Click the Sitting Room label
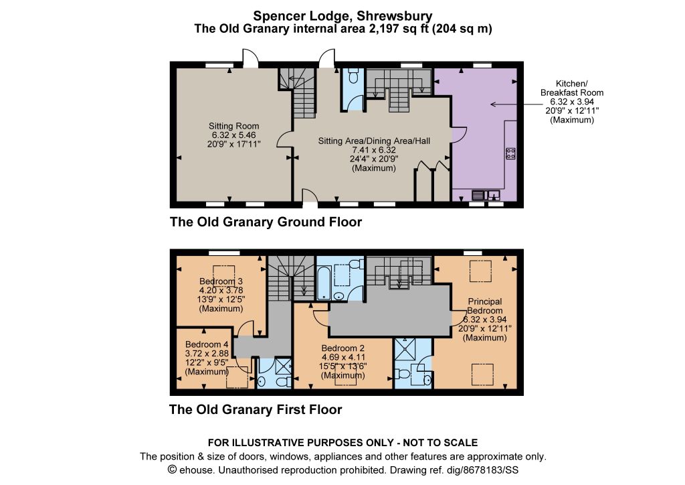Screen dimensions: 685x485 click(233, 126)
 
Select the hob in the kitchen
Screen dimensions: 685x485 click(510, 153)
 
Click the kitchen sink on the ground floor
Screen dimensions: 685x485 click(486, 194)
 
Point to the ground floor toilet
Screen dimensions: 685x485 click(353, 76)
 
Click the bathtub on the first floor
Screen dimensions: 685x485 click(323, 283)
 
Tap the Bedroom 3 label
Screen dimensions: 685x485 click(221, 281)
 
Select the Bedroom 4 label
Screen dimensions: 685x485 click(207, 344)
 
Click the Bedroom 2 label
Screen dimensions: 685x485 click(343, 348)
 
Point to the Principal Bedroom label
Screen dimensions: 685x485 click(485, 305)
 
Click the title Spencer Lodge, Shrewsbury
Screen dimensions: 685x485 click(343, 16)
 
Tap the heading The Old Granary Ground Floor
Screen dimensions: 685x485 click(266, 222)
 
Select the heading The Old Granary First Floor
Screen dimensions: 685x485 click(256, 409)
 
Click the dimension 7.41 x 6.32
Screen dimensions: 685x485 click(373, 149)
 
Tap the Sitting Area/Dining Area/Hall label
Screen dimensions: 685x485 click(374, 141)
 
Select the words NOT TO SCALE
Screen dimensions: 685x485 click(440, 443)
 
